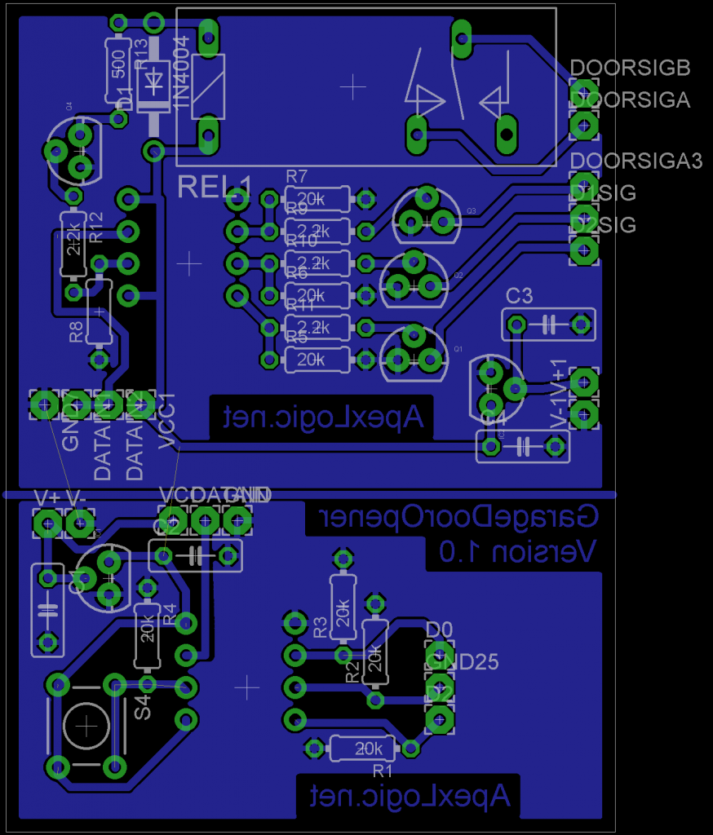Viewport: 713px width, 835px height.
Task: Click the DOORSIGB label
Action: click(x=631, y=68)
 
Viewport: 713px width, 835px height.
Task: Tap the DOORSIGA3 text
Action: click(x=636, y=161)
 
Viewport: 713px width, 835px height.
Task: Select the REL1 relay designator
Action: click(x=215, y=187)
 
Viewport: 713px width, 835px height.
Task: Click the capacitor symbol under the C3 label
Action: click(x=547, y=325)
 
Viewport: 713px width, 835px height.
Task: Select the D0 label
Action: click(x=439, y=630)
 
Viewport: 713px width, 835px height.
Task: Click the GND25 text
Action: click(x=462, y=661)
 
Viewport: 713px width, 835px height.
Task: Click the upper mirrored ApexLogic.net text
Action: click(x=324, y=418)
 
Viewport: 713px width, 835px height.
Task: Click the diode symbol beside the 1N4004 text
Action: click(x=153, y=82)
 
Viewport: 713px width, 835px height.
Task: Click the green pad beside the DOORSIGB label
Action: click(x=582, y=90)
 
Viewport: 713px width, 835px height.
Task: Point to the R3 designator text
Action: click(x=321, y=626)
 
